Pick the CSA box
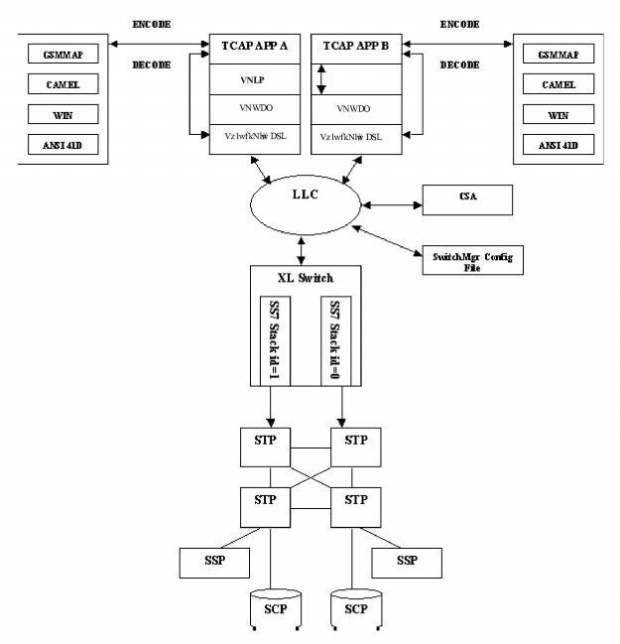pyautogui.click(x=467, y=198)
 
